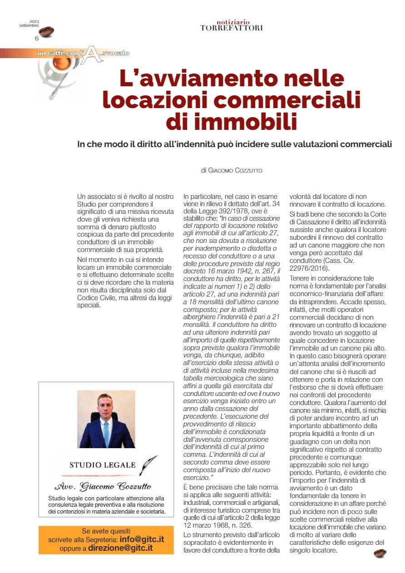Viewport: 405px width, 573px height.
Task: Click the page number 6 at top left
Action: coord(37,39)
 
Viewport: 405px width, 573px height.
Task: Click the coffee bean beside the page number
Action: coord(46,32)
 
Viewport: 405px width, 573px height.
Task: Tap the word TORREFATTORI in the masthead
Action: coord(231,28)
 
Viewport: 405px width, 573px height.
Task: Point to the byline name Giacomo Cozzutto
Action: coord(238,171)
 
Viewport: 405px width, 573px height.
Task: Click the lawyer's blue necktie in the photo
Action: coord(106,434)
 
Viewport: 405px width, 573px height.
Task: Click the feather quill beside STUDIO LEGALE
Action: coord(148,463)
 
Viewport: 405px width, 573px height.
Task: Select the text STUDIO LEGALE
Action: coord(102,464)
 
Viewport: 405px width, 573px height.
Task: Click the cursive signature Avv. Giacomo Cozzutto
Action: coord(103,487)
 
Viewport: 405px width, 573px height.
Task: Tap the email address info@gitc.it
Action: coord(141,539)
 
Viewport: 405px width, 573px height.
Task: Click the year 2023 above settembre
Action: coord(35,21)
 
